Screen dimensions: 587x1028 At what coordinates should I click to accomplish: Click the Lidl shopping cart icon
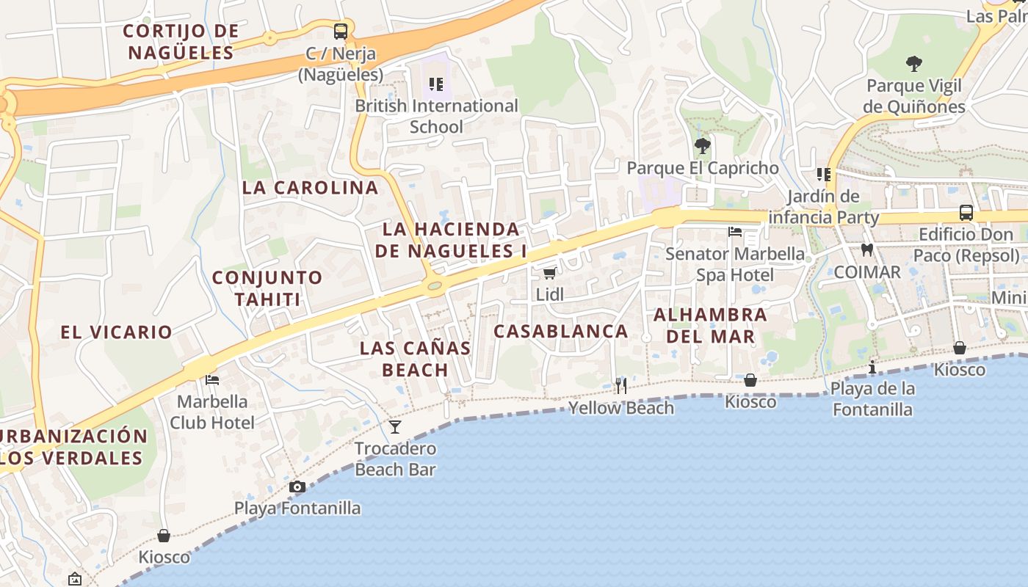[549, 274]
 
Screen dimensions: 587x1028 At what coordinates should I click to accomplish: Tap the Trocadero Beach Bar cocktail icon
[395, 426]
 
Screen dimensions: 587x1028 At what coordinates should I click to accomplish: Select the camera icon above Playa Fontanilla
[297, 486]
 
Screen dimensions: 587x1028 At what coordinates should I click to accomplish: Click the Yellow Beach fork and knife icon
[621, 386]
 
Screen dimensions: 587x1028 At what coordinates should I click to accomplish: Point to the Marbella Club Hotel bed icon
[212, 380]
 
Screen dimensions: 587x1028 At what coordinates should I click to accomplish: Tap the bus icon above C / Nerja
[340, 32]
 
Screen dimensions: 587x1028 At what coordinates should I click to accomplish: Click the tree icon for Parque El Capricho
[702, 145]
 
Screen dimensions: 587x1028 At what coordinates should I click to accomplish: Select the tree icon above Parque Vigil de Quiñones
[913, 64]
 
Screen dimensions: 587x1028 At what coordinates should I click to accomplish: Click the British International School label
[436, 116]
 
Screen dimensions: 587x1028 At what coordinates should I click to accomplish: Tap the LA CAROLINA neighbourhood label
[311, 187]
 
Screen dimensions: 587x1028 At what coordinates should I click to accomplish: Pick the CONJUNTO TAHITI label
[267, 288]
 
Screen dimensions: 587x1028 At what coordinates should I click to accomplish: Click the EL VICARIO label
[116, 332]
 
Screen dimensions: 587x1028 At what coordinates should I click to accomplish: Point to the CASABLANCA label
[560, 331]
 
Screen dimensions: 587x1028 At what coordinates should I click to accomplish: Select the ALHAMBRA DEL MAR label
[710, 326]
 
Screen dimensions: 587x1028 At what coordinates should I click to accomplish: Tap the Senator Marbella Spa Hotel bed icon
[734, 232]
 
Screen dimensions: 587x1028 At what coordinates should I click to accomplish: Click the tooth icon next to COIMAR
[866, 249]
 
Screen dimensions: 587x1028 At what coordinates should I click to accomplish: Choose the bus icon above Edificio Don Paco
[966, 213]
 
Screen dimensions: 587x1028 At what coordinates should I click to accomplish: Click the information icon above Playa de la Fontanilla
[872, 367]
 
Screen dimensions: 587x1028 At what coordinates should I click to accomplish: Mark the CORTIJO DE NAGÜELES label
[181, 42]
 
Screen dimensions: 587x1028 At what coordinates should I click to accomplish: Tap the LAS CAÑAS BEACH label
[416, 359]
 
